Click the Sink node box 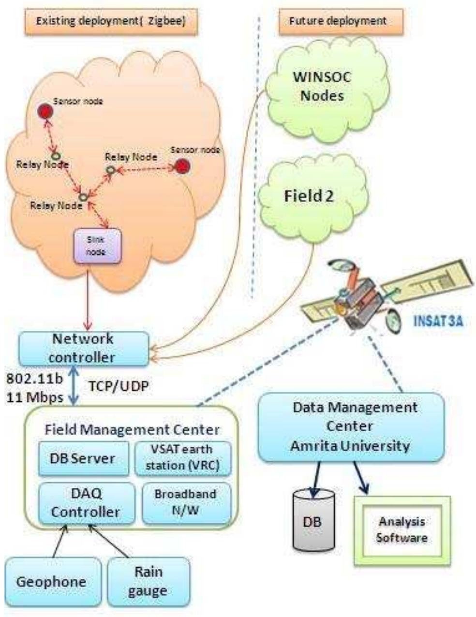(96, 246)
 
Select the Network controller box (83, 348)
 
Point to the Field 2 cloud (310, 196)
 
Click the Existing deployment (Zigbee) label (111, 21)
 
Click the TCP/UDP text (119, 385)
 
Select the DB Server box (83, 458)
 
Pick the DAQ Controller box (86, 503)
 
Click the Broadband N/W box (186, 502)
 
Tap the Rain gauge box (148, 581)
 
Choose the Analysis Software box (402, 530)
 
